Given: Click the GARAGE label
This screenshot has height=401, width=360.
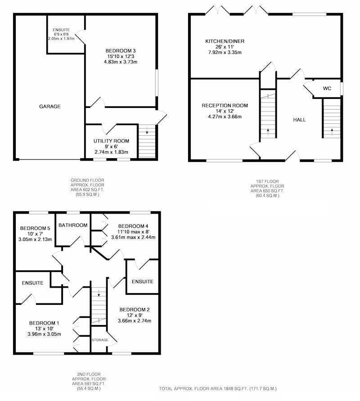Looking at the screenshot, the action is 49,107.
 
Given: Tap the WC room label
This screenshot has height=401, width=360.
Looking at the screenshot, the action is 327,89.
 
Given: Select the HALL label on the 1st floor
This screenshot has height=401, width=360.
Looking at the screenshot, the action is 299,120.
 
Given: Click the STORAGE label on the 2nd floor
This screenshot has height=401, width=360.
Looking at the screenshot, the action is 100,340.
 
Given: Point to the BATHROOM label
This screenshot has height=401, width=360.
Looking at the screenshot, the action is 73,225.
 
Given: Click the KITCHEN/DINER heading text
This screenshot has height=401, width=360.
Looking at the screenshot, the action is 225,41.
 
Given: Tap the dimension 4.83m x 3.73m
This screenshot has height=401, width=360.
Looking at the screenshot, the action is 120,62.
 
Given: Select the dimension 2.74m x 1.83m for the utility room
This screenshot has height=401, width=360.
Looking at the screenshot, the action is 112,152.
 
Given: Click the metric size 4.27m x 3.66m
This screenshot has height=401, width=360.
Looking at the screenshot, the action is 225,117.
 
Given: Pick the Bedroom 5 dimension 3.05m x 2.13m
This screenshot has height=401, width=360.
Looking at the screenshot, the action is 35,240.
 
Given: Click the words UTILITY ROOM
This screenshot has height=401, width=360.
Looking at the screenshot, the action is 111,141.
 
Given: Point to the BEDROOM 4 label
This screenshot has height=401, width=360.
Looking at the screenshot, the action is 133,226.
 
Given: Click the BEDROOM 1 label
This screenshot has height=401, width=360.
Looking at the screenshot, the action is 44,323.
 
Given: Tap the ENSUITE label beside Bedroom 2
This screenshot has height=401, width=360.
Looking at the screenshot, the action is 143,281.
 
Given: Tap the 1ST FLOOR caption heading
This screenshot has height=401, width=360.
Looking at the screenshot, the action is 267,181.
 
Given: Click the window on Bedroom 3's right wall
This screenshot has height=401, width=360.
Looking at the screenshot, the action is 157,83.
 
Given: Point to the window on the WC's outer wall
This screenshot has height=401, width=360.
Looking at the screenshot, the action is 342,89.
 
